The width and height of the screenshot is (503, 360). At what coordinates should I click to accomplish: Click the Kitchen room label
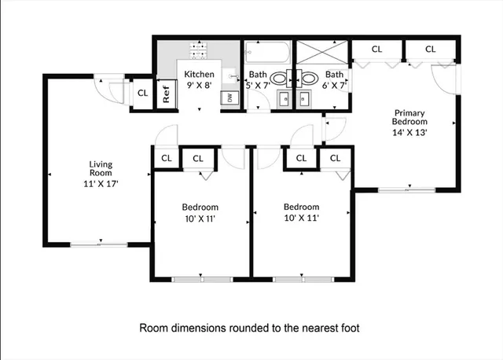[199, 75]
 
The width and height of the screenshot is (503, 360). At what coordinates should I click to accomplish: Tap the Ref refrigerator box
[167, 94]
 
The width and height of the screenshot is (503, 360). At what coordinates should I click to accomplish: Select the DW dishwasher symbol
[229, 97]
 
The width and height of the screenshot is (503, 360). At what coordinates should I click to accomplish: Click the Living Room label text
[100, 168]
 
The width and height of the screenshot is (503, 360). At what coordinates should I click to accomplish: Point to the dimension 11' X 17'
[100, 183]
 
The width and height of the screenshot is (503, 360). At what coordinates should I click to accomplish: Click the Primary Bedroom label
[410, 117]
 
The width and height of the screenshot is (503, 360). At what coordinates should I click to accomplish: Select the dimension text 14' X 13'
[410, 132]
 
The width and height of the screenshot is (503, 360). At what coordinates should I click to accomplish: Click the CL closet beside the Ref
[142, 93]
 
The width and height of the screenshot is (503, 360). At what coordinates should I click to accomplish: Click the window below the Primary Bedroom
[397, 189]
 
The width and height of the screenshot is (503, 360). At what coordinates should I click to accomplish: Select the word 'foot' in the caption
[351, 327]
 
